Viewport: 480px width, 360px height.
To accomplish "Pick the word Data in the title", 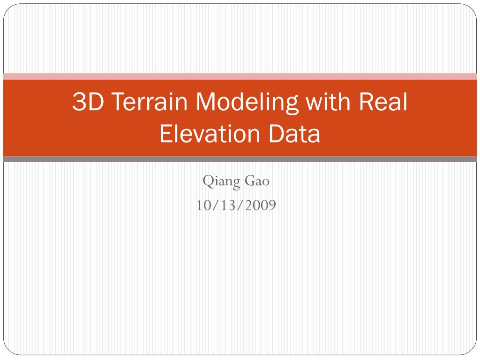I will tap(295, 135).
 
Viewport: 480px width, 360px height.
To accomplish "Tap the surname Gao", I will tap(257, 181).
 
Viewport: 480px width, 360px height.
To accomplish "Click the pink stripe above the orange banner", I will tap(240, 76).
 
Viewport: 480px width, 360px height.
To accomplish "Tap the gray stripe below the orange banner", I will tap(240, 159).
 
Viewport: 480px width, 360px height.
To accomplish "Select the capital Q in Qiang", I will tap(207, 181).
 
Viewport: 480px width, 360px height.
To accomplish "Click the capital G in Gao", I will tap(248, 181).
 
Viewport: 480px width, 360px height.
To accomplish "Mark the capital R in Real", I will tap(368, 102).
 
